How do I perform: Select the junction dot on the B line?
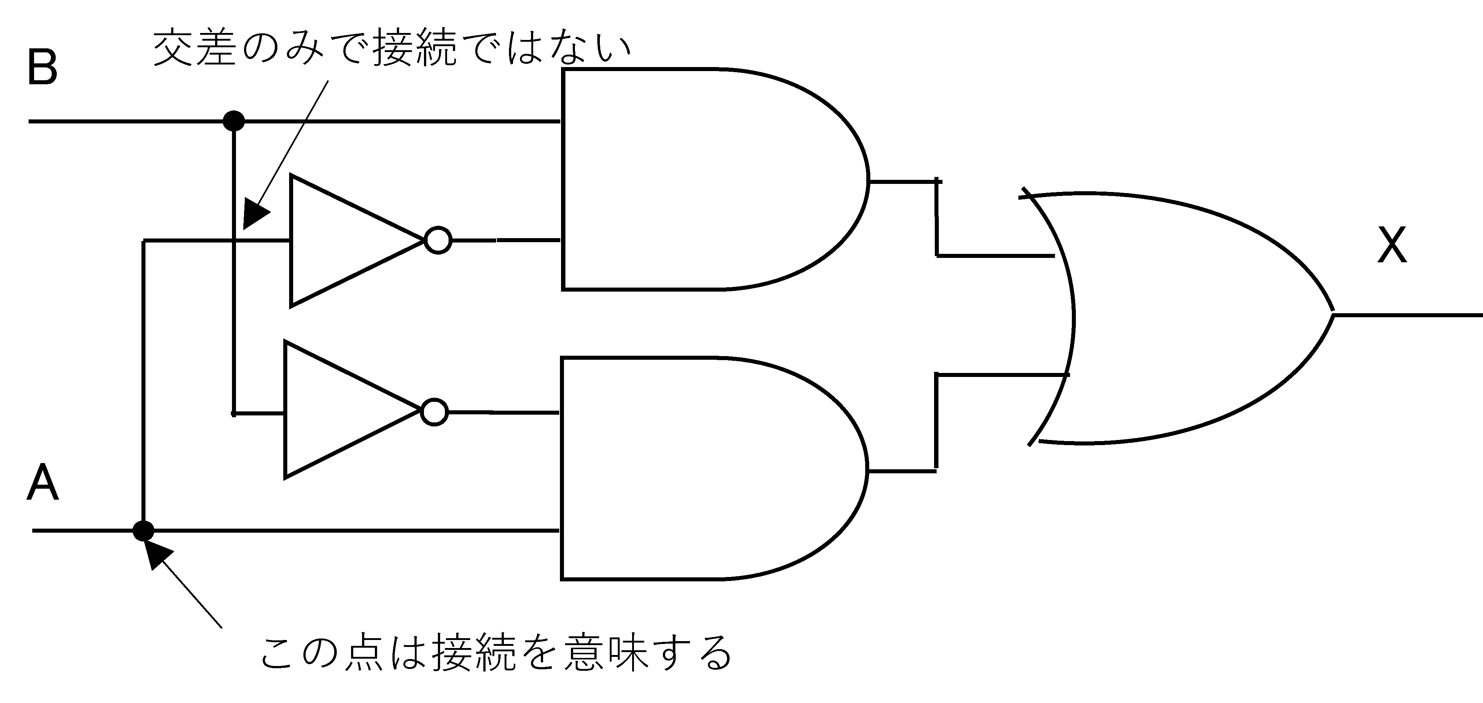[x=233, y=121]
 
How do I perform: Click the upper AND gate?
[x=702, y=180]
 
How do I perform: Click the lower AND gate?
[x=702, y=469]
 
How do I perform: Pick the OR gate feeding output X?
[x=1180, y=317]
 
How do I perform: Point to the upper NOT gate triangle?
[x=346, y=241]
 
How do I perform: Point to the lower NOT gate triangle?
[x=340, y=410]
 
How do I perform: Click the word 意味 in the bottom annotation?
[x=607, y=652]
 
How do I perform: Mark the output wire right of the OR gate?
[x=1410, y=315]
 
